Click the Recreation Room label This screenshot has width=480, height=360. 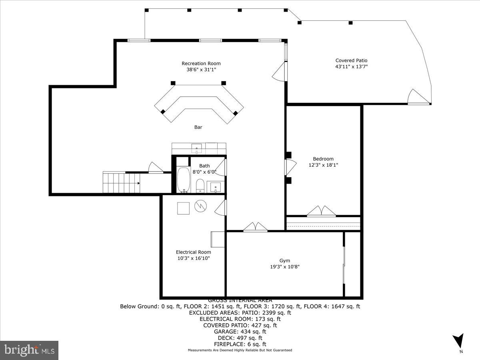(201, 63)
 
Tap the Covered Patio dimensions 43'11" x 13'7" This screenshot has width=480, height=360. (351, 67)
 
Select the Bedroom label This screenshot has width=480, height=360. (323, 159)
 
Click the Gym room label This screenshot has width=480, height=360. (284, 260)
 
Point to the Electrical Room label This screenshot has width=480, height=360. (193, 252)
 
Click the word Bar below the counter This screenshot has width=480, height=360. (198, 127)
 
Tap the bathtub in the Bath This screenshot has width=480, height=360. (184, 180)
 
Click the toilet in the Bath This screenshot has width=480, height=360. (200, 186)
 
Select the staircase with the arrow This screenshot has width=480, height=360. (121, 183)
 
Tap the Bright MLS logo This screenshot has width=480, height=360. (29, 350)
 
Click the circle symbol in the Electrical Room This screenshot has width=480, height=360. (200, 206)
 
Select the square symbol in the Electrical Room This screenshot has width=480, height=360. (184, 208)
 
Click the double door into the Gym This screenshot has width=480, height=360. (256, 227)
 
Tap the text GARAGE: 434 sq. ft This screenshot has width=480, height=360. (240, 332)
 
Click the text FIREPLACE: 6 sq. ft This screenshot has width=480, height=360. (240, 344)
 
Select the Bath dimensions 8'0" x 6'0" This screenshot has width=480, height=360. (204, 172)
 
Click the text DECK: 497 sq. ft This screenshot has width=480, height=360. (240, 338)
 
